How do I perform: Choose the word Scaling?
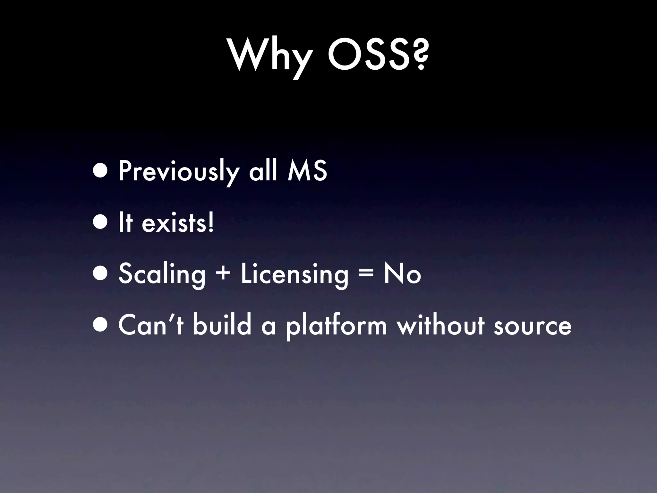pos(162,274)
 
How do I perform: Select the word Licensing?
pos(294,274)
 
